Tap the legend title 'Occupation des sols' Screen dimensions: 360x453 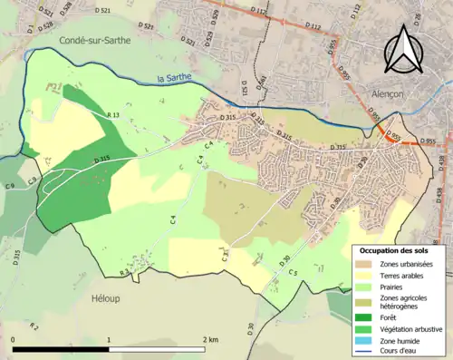[x=394, y=249]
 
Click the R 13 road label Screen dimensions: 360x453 [x=113, y=115]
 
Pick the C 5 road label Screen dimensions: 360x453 [x=294, y=247]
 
